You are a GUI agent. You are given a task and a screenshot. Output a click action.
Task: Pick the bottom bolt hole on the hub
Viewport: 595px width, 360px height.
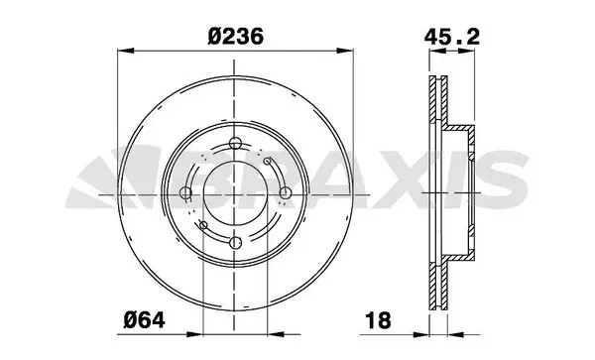pyautogui.click(x=234, y=242)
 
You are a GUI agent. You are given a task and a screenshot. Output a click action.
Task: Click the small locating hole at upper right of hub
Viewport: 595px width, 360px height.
pyautogui.click(x=268, y=158)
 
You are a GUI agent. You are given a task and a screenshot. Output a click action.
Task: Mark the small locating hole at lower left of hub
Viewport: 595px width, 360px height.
pyautogui.click(x=203, y=225)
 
